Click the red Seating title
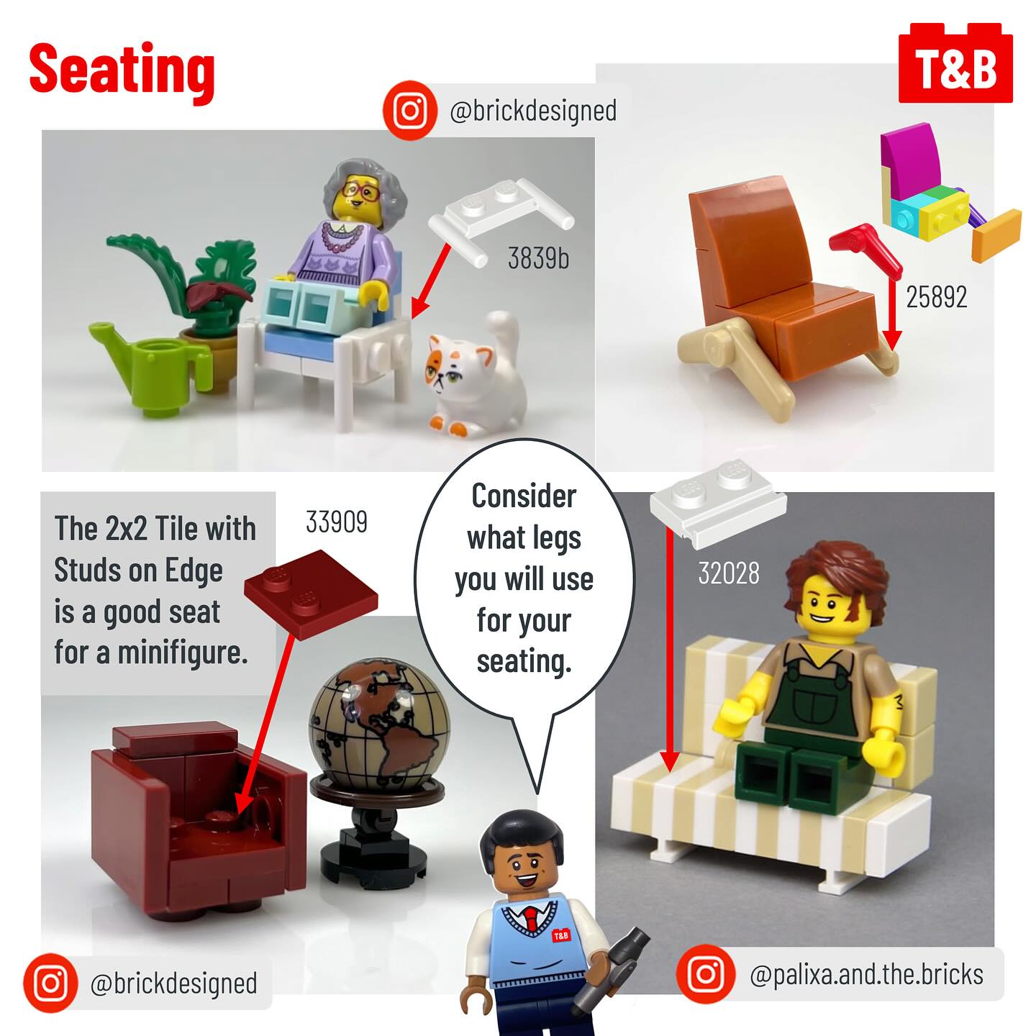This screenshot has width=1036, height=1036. [x=122, y=71]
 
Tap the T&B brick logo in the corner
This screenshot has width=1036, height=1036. [x=955, y=63]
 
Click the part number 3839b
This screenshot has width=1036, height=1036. [x=538, y=258]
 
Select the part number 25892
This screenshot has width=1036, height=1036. [x=937, y=296]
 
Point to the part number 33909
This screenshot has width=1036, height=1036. [x=337, y=521]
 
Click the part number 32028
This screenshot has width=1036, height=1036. [x=729, y=573]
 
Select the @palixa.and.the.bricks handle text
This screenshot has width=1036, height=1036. [x=866, y=973]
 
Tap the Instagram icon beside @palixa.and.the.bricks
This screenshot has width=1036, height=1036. [x=705, y=973]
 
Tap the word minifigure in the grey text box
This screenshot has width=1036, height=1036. [x=183, y=654]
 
